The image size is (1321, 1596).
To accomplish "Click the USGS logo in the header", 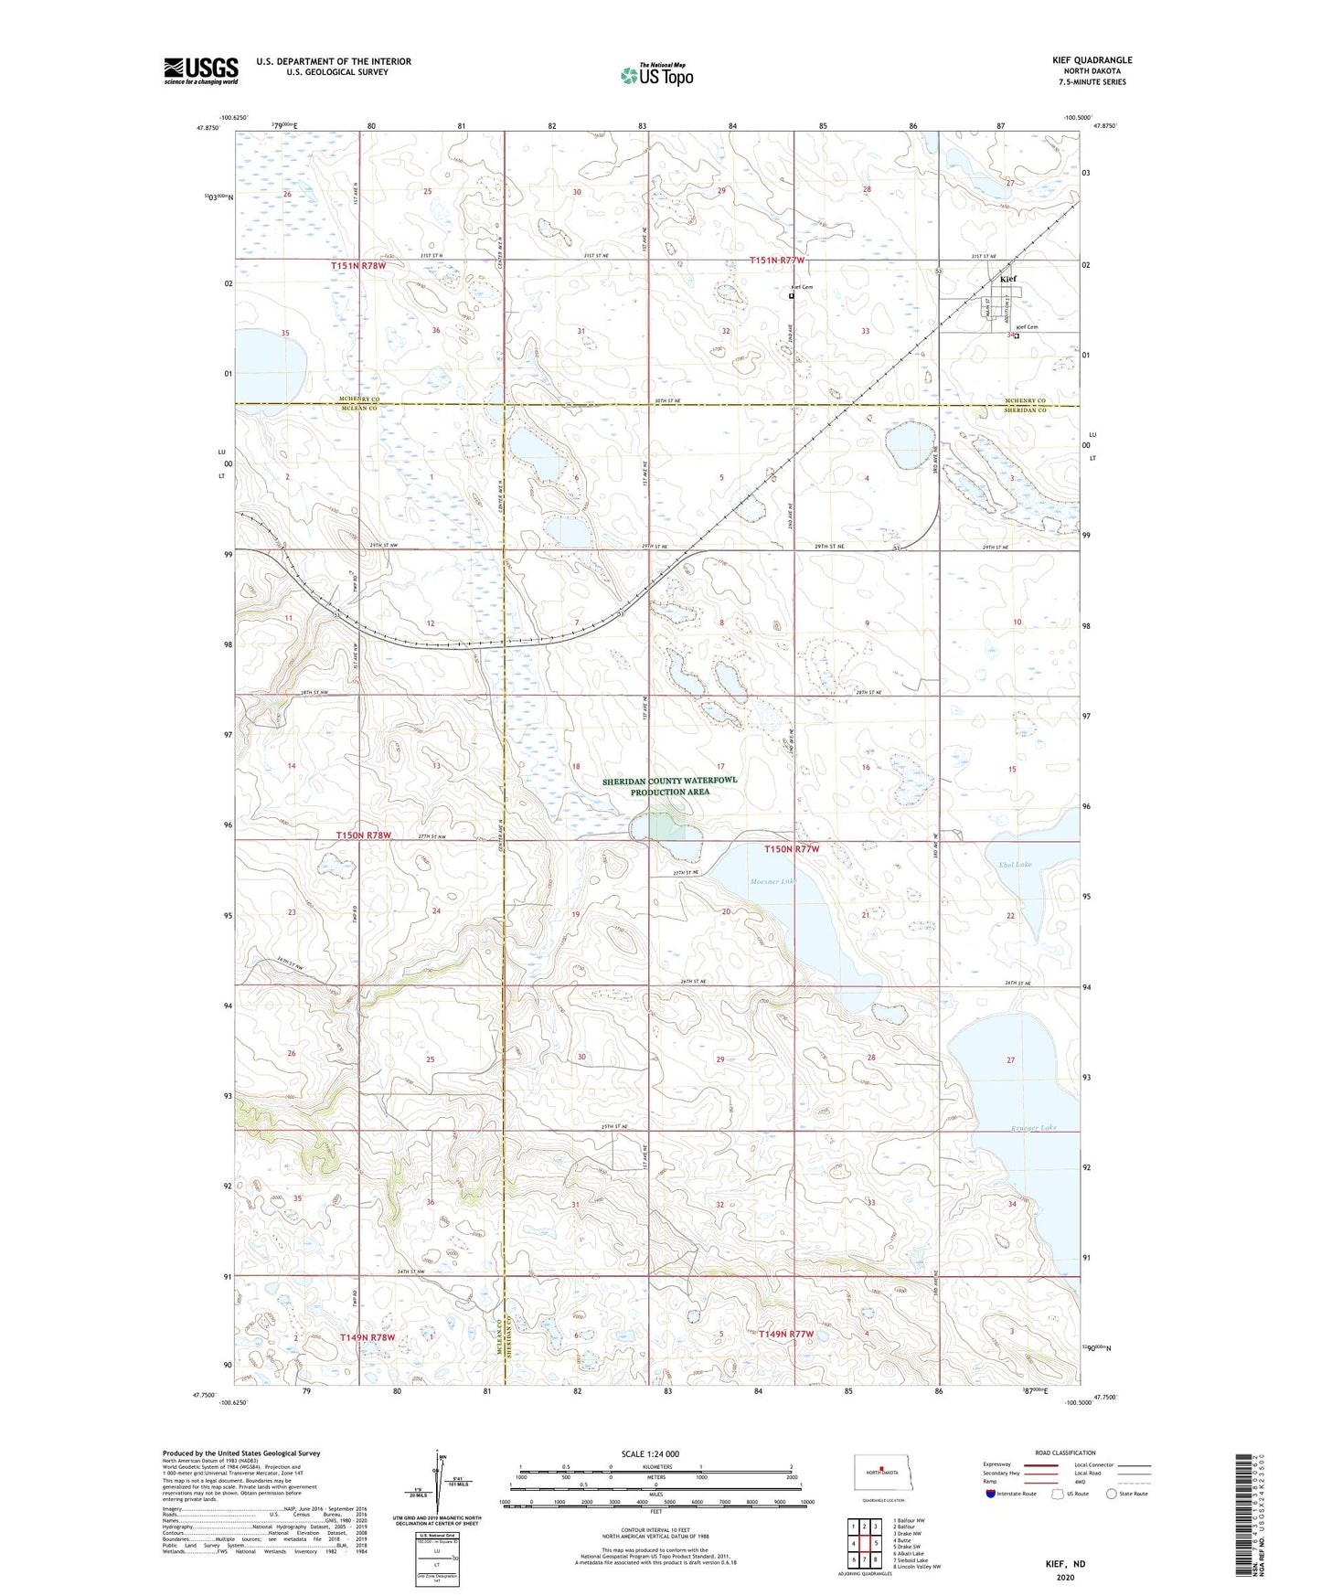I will pyautogui.click(x=201, y=70).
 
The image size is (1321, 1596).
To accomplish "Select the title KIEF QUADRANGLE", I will pyautogui.click(x=1092, y=60).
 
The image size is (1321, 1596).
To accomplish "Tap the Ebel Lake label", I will pyautogui.click(x=1016, y=864).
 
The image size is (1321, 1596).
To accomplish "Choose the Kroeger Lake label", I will pyautogui.click(x=1034, y=1127).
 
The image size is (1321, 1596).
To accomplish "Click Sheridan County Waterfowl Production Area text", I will pyautogui.click(x=669, y=786).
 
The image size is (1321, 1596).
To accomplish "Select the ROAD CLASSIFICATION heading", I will pyautogui.click(x=1064, y=1452).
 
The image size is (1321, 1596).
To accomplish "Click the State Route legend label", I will pyautogui.click(x=1133, y=1494).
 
